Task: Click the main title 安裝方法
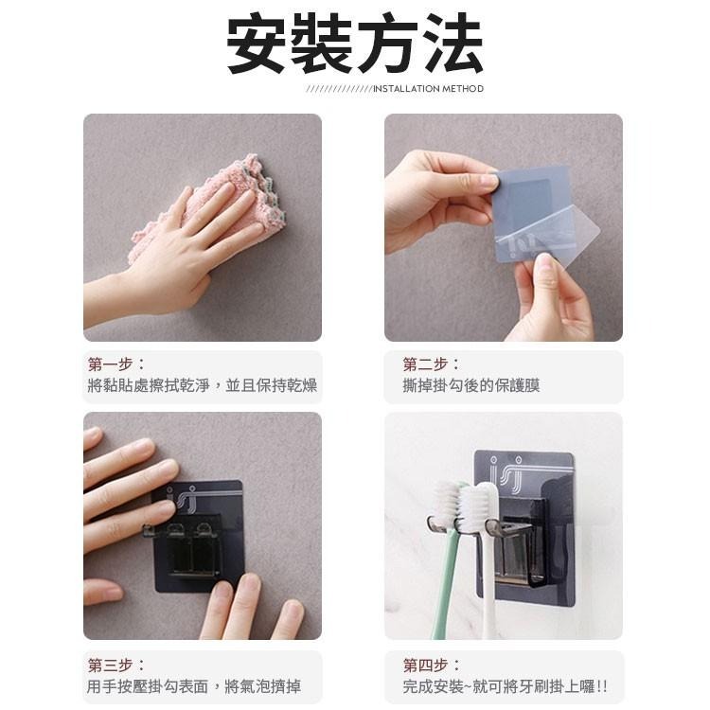pos(355,44)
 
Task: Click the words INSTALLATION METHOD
pos(428,89)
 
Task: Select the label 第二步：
pos(432,364)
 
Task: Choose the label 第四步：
pos(432,665)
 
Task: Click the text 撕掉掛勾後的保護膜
pos(471,386)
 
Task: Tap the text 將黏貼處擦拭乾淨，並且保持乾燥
pos(203,386)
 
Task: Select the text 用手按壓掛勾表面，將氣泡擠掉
pos(194,687)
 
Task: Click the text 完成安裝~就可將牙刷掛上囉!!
pos(506,687)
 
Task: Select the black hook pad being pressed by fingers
pos(199,540)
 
